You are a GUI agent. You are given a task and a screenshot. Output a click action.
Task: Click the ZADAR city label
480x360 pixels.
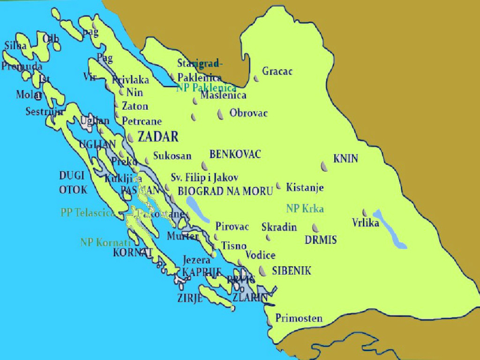pyautogui.click(x=158, y=136)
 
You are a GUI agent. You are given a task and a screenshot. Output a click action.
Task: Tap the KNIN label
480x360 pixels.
pyautogui.click(x=346, y=159)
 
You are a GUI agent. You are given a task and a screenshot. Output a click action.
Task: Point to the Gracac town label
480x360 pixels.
pyautogui.click(x=277, y=71)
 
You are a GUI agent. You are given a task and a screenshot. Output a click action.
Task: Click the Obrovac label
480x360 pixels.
pyautogui.click(x=248, y=113)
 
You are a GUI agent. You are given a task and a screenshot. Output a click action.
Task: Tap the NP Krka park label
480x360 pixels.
pyautogui.click(x=305, y=209)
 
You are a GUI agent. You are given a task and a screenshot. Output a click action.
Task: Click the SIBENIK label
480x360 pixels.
pyautogui.click(x=291, y=271)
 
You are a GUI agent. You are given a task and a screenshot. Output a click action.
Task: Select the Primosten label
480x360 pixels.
pyautogui.click(x=299, y=319)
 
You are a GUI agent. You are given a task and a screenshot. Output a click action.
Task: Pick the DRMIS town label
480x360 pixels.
pyautogui.click(x=320, y=240)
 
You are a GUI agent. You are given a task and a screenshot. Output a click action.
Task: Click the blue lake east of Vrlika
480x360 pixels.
pyautogui.click(x=389, y=229)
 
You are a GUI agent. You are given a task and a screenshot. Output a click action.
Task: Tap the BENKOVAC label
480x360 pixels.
pyautogui.click(x=235, y=154)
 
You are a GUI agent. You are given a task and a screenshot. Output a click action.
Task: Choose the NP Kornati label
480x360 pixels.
pyautogui.click(x=105, y=243)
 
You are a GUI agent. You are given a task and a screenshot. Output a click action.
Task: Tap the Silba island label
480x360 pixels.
pyautogui.click(x=16, y=46)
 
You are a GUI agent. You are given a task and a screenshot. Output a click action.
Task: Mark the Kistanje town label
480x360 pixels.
pyautogui.click(x=305, y=188)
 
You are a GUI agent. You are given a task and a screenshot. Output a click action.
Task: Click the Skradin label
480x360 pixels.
pyautogui.click(x=279, y=227)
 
